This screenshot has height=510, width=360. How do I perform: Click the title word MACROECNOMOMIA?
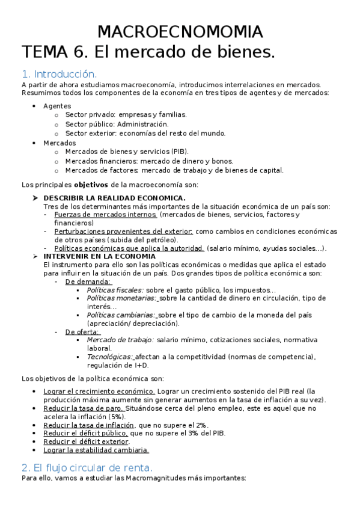pos(180,32)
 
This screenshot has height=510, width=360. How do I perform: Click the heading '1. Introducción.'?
pos(59,74)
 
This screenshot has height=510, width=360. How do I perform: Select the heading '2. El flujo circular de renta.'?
pos(87,467)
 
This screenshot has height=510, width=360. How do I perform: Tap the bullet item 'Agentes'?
pos(56,106)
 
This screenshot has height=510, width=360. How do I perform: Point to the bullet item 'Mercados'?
pos(59,143)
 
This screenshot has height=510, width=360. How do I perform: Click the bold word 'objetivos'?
pos(91,185)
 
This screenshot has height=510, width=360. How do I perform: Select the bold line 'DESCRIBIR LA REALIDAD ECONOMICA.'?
pos(115,198)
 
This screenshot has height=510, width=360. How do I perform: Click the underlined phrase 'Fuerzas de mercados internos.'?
pos(106,215)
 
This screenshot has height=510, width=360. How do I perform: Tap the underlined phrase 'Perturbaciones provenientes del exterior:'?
pos(123,231)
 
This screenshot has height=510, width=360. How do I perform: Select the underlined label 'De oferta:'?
pos(82,331)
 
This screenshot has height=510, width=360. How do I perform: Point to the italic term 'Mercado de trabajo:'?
pos(120,340)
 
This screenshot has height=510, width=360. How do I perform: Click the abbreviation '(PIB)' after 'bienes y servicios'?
pos(178,152)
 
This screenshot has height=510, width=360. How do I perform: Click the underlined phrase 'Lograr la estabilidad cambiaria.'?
pos(96,450)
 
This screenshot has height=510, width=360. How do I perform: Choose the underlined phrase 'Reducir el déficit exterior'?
pos(86,441)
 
